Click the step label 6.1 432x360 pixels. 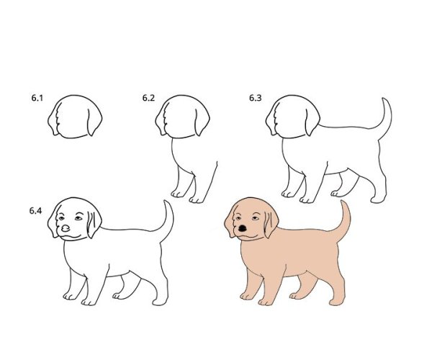click(x=37, y=98)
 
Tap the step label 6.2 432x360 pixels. click(x=148, y=98)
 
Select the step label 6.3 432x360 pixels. click(x=256, y=98)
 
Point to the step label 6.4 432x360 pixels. click(x=35, y=211)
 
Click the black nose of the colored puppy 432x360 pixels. click(x=243, y=228)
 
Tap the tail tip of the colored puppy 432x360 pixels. click(x=343, y=201)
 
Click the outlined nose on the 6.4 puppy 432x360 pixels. click(x=66, y=228)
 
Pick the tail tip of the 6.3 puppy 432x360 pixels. click(x=384, y=99)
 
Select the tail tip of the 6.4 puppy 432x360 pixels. click(x=166, y=202)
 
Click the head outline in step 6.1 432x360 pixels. click(x=74, y=96)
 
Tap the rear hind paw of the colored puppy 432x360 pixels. click(x=336, y=302)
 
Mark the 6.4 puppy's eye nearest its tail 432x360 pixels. click(x=78, y=218)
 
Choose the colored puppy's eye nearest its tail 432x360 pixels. click(x=256, y=218)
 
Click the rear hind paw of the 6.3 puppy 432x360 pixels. click(x=378, y=199)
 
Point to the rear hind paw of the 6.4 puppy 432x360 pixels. click(x=160, y=302)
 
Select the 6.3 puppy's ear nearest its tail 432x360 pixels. click(x=312, y=121)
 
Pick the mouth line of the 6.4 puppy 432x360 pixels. click(x=71, y=237)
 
